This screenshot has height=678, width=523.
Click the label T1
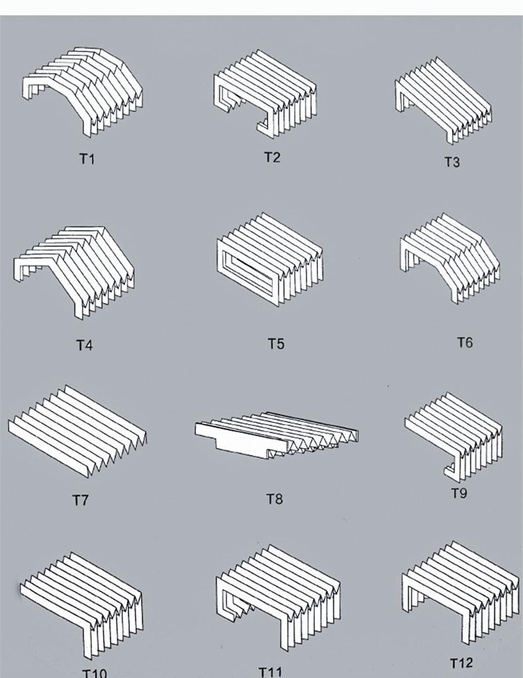coord(87,159)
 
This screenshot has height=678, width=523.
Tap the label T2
coord(272,157)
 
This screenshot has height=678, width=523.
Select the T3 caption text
coord(452,162)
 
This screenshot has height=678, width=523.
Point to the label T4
coord(84,345)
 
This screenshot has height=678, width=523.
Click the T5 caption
coord(276,343)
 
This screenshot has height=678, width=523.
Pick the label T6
coord(465,342)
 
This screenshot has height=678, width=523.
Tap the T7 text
coord(80,500)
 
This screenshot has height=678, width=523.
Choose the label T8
coord(274,498)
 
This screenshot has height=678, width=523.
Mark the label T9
coord(459,493)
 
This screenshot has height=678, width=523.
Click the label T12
coord(461,663)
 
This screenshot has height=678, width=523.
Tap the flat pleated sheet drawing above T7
coord(78,430)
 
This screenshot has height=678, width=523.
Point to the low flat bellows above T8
coord(277,435)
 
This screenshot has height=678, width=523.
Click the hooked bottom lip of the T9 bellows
coord(451,471)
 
